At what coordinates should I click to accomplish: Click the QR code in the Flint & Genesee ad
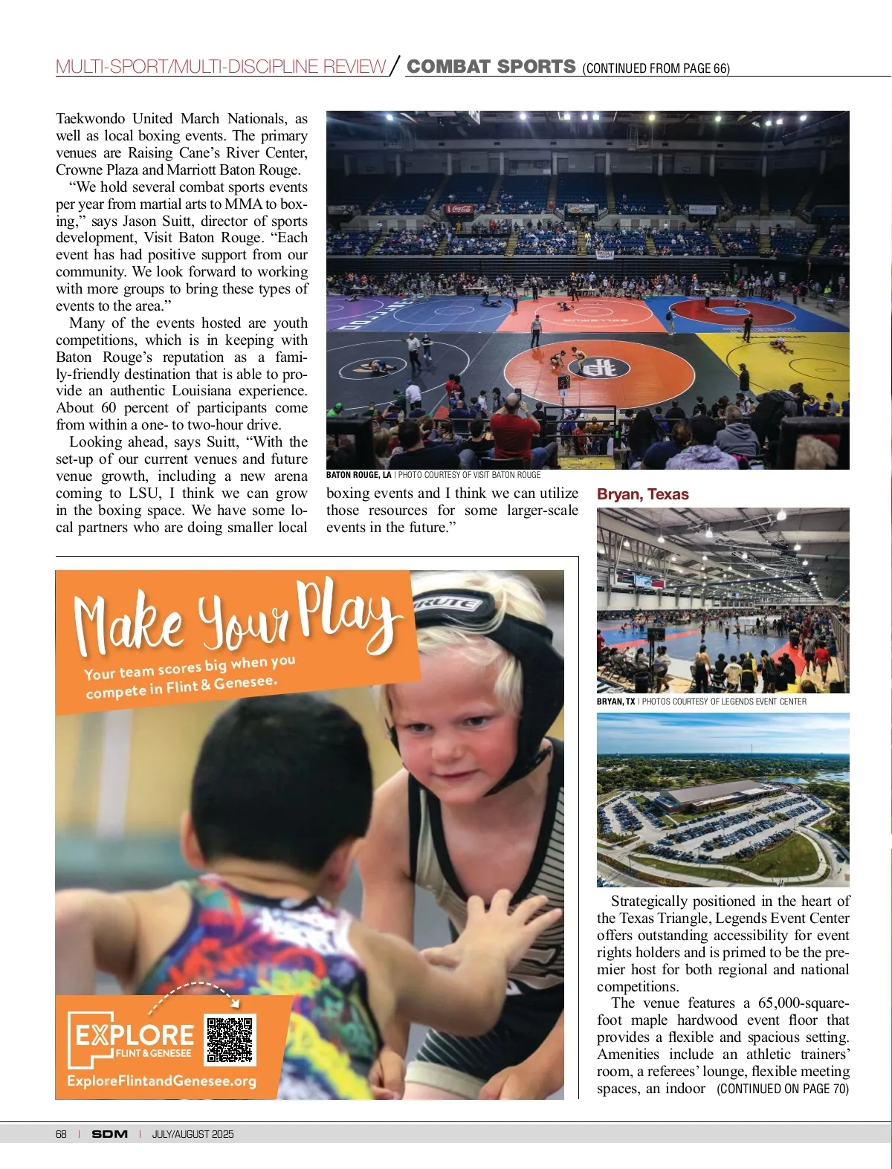point(230,1039)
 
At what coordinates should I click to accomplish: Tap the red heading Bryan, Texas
point(643,494)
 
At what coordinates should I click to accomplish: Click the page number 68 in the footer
point(61,1134)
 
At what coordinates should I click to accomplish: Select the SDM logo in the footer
point(110,1134)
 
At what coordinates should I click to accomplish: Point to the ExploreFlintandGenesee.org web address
point(161,1081)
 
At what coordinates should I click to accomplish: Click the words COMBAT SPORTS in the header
point(491,67)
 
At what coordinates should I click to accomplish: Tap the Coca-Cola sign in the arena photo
point(459,209)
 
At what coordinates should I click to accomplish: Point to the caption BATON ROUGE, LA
point(359,475)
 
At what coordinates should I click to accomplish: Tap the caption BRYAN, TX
point(615,702)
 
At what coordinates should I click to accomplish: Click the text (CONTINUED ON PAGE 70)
point(783,1089)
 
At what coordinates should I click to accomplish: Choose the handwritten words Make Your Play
point(238,617)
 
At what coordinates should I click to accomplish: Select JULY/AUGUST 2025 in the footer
point(193,1134)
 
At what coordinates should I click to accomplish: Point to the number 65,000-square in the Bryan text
point(803,1003)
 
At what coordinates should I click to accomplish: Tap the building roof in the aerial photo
point(714,794)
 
